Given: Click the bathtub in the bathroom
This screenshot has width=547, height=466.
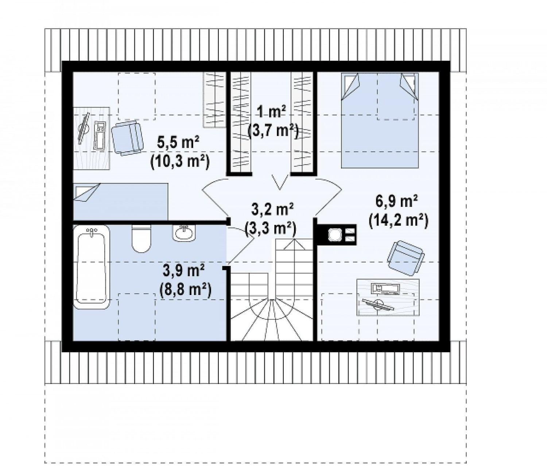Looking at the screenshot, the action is click(x=92, y=267).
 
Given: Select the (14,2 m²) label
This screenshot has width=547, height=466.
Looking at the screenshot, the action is click(x=398, y=221).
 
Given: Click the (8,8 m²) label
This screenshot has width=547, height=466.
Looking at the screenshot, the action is click(x=185, y=290).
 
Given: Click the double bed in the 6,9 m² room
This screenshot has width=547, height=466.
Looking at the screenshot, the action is click(x=380, y=120).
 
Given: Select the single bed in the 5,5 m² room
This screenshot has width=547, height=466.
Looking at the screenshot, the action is click(x=121, y=201).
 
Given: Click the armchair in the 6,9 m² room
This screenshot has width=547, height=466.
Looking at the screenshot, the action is click(x=406, y=257).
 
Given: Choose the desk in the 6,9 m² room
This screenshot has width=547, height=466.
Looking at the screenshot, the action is click(x=388, y=297).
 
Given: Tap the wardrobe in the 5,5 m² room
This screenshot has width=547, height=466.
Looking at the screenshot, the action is click(x=214, y=100).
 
